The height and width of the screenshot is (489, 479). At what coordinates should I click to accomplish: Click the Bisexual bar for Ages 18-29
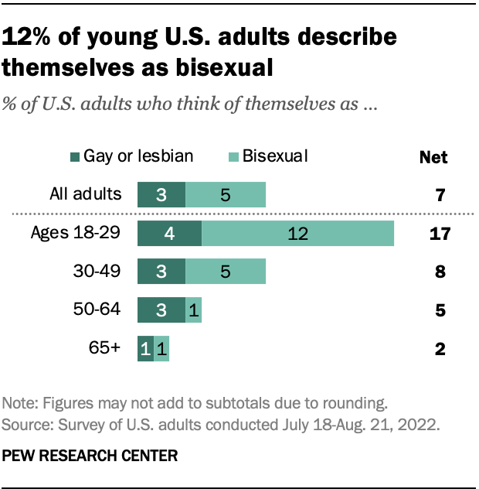tap(298, 233)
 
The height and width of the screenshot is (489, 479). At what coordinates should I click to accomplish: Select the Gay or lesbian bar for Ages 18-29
tap(169, 233)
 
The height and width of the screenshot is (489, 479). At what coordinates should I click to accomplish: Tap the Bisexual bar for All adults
tap(226, 195)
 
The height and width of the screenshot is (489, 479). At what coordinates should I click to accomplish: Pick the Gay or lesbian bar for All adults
tap(161, 195)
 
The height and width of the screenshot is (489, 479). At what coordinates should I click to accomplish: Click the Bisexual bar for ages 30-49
tap(226, 272)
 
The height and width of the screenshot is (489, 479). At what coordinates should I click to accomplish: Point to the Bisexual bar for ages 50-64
tap(194, 309)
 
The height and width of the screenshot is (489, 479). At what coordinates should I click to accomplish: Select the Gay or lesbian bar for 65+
tap(145, 348)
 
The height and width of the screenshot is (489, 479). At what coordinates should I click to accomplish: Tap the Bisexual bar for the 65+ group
tap(161, 348)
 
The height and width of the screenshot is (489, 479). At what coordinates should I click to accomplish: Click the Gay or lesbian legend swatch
tap(99, 157)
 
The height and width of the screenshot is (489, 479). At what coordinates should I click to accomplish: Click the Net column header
tap(433, 158)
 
